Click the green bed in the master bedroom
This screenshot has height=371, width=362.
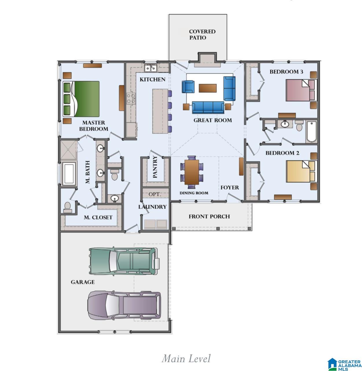point(81,99)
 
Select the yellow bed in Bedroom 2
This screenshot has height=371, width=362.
point(301,171)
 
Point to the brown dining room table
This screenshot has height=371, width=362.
point(192,172)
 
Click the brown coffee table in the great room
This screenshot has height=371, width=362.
point(207,88)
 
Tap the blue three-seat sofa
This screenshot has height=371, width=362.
point(208,107)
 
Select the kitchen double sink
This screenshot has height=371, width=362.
point(150,68)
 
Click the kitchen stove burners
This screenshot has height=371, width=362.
point(131,98)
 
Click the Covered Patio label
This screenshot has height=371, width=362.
point(202,34)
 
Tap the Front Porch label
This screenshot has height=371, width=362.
point(209,216)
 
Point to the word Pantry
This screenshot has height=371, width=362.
point(155,166)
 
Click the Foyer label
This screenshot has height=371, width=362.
point(229,188)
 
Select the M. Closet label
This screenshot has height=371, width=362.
point(98,217)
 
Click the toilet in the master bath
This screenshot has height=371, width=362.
point(67,207)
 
